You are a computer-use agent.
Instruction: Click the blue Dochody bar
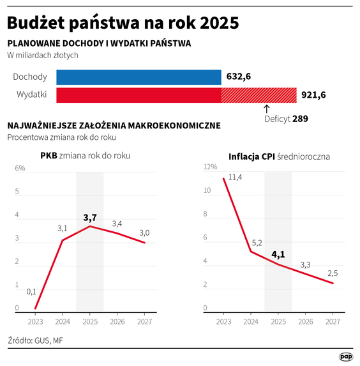[x=139, y=77]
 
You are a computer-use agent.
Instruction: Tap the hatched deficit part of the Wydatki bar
[x=259, y=95]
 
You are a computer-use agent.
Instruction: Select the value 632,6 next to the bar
[x=239, y=77]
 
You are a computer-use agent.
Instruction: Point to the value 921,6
[x=313, y=95]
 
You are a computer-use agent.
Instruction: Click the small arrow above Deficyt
[x=266, y=109]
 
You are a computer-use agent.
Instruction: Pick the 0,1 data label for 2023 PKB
[x=31, y=292]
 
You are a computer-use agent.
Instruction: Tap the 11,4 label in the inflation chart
[x=235, y=177]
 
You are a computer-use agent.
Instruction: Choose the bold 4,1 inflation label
[x=278, y=255]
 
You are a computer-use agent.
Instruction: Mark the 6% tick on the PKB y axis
[x=20, y=169]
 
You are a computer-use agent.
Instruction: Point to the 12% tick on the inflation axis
[x=211, y=167]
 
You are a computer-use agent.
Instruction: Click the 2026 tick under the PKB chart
[x=117, y=322]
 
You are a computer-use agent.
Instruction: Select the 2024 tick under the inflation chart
[x=250, y=322]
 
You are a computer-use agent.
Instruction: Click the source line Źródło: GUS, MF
[x=36, y=340]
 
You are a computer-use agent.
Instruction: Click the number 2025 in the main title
[x=218, y=23]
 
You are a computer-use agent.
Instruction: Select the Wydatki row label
[x=30, y=95]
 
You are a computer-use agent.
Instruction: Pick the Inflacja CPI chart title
[x=279, y=156]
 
